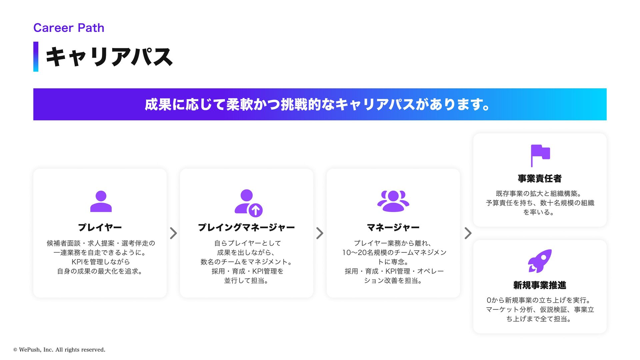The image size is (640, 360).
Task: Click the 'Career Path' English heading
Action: pyautogui.click(x=69, y=28)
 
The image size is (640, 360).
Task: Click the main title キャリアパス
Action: pyautogui.click(x=109, y=57)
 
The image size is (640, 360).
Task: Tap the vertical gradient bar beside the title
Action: pyautogui.click(x=36, y=57)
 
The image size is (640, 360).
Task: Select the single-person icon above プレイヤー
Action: pyautogui.click(x=101, y=201)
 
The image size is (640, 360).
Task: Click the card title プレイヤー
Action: pyautogui.click(x=100, y=227)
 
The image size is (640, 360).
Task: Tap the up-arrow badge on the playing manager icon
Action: pyautogui.click(x=256, y=210)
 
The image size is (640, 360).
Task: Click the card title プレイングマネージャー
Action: pyautogui.click(x=246, y=227)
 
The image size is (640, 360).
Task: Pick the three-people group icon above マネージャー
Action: pyautogui.click(x=393, y=201)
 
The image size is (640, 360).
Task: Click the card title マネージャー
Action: pyautogui.click(x=393, y=227)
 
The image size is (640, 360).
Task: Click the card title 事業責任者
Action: pyautogui.click(x=540, y=179)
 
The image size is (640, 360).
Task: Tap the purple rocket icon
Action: pyautogui.click(x=540, y=261)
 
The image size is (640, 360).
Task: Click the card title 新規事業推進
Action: pyautogui.click(x=540, y=285)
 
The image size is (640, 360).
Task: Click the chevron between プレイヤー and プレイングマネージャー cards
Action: pyautogui.click(x=173, y=233)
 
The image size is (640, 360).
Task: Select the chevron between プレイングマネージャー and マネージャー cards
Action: pyautogui.click(x=320, y=233)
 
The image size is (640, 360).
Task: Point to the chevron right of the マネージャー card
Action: pyautogui.click(x=468, y=233)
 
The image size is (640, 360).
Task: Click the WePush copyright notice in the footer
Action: pyautogui.click(x=59, y=350)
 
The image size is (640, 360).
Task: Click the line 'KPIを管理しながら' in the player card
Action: pyautogui.click(x=101, y=262)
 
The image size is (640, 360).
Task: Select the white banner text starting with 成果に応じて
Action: pyautogui.click(x=317, y=104)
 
